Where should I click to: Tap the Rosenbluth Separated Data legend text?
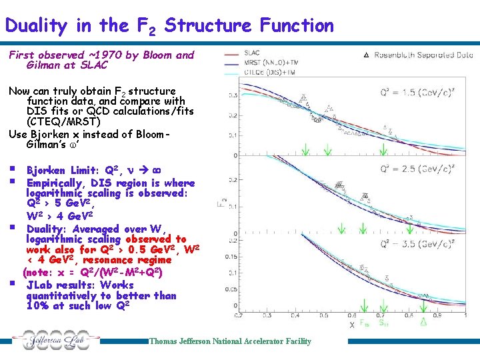(423, 55)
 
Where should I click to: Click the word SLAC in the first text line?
(93, 65)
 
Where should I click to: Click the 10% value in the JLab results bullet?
(37, 306)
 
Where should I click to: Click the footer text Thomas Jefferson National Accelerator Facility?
(230, 341)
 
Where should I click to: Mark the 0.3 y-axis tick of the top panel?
(233, 96)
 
